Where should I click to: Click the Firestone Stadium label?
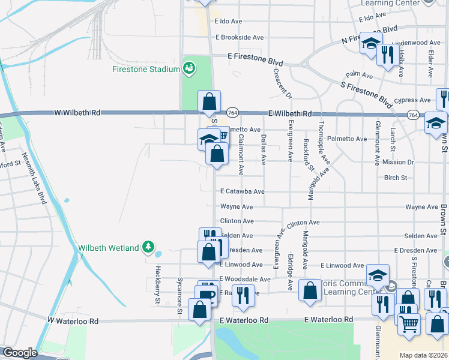146,69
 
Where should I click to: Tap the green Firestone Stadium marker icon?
189,68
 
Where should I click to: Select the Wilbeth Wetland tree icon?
148,247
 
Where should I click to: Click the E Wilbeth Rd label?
291,113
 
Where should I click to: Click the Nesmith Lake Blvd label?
34,178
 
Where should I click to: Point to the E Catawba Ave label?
242,191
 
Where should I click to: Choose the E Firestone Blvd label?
255,61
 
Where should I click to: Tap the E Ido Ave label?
228,21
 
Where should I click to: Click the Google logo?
20,353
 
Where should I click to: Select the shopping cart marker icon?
409,325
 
